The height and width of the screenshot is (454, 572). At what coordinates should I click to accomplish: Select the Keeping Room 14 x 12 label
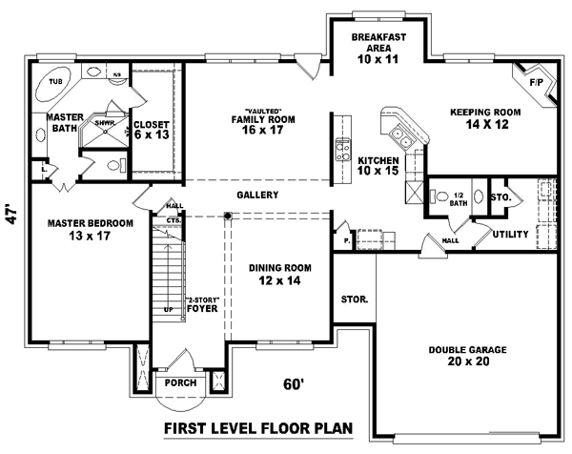(485, 117)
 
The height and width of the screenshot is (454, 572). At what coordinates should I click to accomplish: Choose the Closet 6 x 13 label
(151, 130)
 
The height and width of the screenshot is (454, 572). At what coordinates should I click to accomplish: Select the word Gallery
(257, 195)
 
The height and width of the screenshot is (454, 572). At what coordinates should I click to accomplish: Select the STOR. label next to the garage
(355, 299)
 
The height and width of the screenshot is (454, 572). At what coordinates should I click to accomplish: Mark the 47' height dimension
(11, 212)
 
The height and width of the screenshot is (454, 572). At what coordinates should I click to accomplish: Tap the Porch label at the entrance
(180, 382)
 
